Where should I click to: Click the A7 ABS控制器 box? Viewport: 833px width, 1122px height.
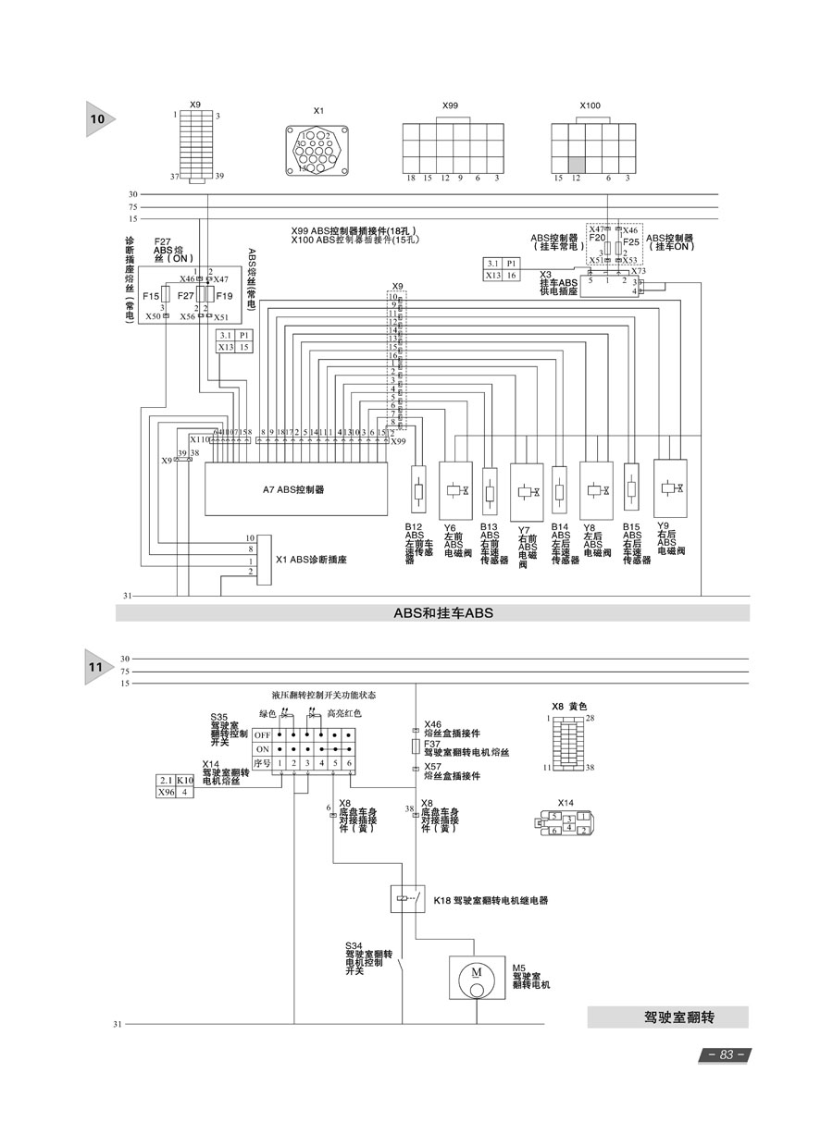[295, 489]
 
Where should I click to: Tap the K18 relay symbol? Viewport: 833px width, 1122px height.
[407, 899]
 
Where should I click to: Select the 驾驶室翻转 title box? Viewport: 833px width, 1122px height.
[667, 1017]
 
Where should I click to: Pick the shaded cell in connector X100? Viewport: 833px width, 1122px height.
[576, 163]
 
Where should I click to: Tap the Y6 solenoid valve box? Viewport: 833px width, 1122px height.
[455, 490]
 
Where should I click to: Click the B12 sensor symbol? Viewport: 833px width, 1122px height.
[418, 490]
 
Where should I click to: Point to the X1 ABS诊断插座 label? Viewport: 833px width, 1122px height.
[311, 560]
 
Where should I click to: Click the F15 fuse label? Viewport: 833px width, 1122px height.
[150, 296]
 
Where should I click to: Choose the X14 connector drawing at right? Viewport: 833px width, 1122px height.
[564, 822]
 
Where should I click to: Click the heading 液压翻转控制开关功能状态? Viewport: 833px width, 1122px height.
[324, 694]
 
